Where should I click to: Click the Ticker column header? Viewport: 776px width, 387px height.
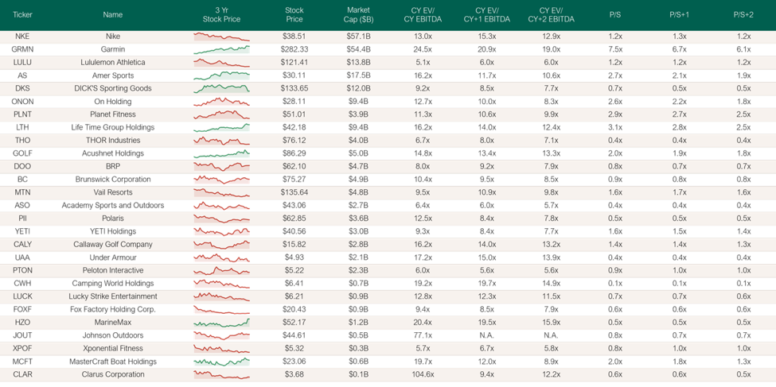[22, 15]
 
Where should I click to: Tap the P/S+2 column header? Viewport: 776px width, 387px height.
[743, 15]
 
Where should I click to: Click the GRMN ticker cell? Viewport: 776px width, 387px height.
[22, 49]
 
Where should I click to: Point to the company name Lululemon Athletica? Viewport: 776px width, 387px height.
[112, 62]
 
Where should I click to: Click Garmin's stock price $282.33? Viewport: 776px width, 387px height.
[294, 49]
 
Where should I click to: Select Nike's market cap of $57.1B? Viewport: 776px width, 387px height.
[359, 37]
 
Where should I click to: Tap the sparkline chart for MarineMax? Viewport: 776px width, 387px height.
[222, 323]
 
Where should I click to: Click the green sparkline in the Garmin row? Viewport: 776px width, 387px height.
[222, 49]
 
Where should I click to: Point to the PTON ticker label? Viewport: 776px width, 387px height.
[22, 270]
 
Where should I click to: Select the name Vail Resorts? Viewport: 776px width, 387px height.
[112, 192]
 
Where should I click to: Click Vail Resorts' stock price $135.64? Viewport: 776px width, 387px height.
[294, 192]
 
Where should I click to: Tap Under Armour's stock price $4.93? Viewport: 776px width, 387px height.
[294, 257]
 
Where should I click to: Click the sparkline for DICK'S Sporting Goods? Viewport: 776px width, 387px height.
[222, 88]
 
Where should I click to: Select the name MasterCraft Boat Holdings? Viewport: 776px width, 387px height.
[112, 362]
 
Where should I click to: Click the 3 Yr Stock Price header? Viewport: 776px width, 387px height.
[222, 15]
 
